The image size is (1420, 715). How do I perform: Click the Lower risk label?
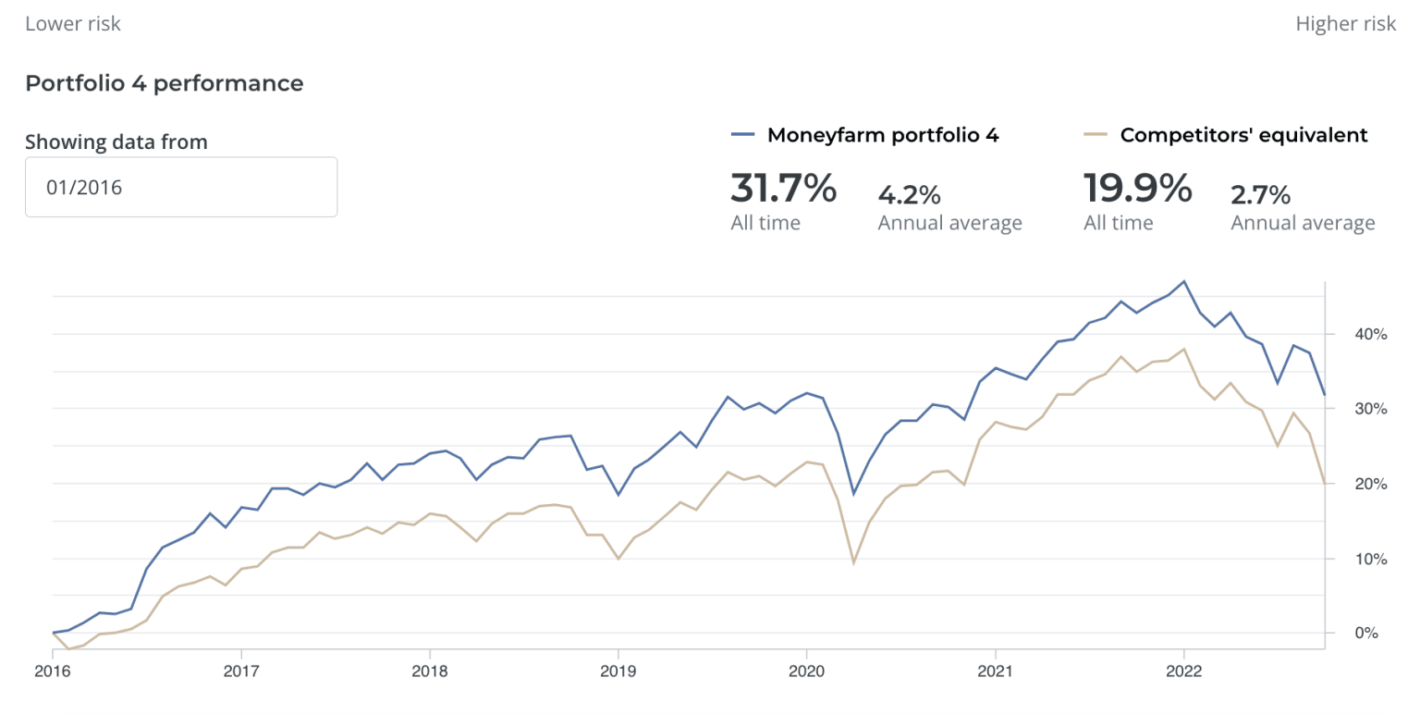[72, 24]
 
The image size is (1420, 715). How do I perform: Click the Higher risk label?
[1345, 24]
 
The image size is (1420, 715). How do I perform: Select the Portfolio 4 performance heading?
[164, 83]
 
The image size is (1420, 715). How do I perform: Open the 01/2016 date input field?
[181, 188]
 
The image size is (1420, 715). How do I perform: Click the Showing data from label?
[116, 142]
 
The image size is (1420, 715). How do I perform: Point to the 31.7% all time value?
[783, 189]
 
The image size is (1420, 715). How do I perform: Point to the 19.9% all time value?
[1136, 189]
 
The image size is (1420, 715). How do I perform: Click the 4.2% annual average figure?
[909, 195]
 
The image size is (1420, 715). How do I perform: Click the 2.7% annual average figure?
[1262, 195]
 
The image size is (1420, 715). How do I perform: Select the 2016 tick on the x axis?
[53, 671]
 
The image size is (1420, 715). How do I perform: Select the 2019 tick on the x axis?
[618, 671]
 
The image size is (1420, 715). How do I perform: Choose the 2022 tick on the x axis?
[1183, 671]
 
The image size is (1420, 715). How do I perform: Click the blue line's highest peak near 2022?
[1184, 281]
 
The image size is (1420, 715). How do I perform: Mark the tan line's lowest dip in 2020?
[854, 562]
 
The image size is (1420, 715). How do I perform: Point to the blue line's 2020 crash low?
[853, 494]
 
